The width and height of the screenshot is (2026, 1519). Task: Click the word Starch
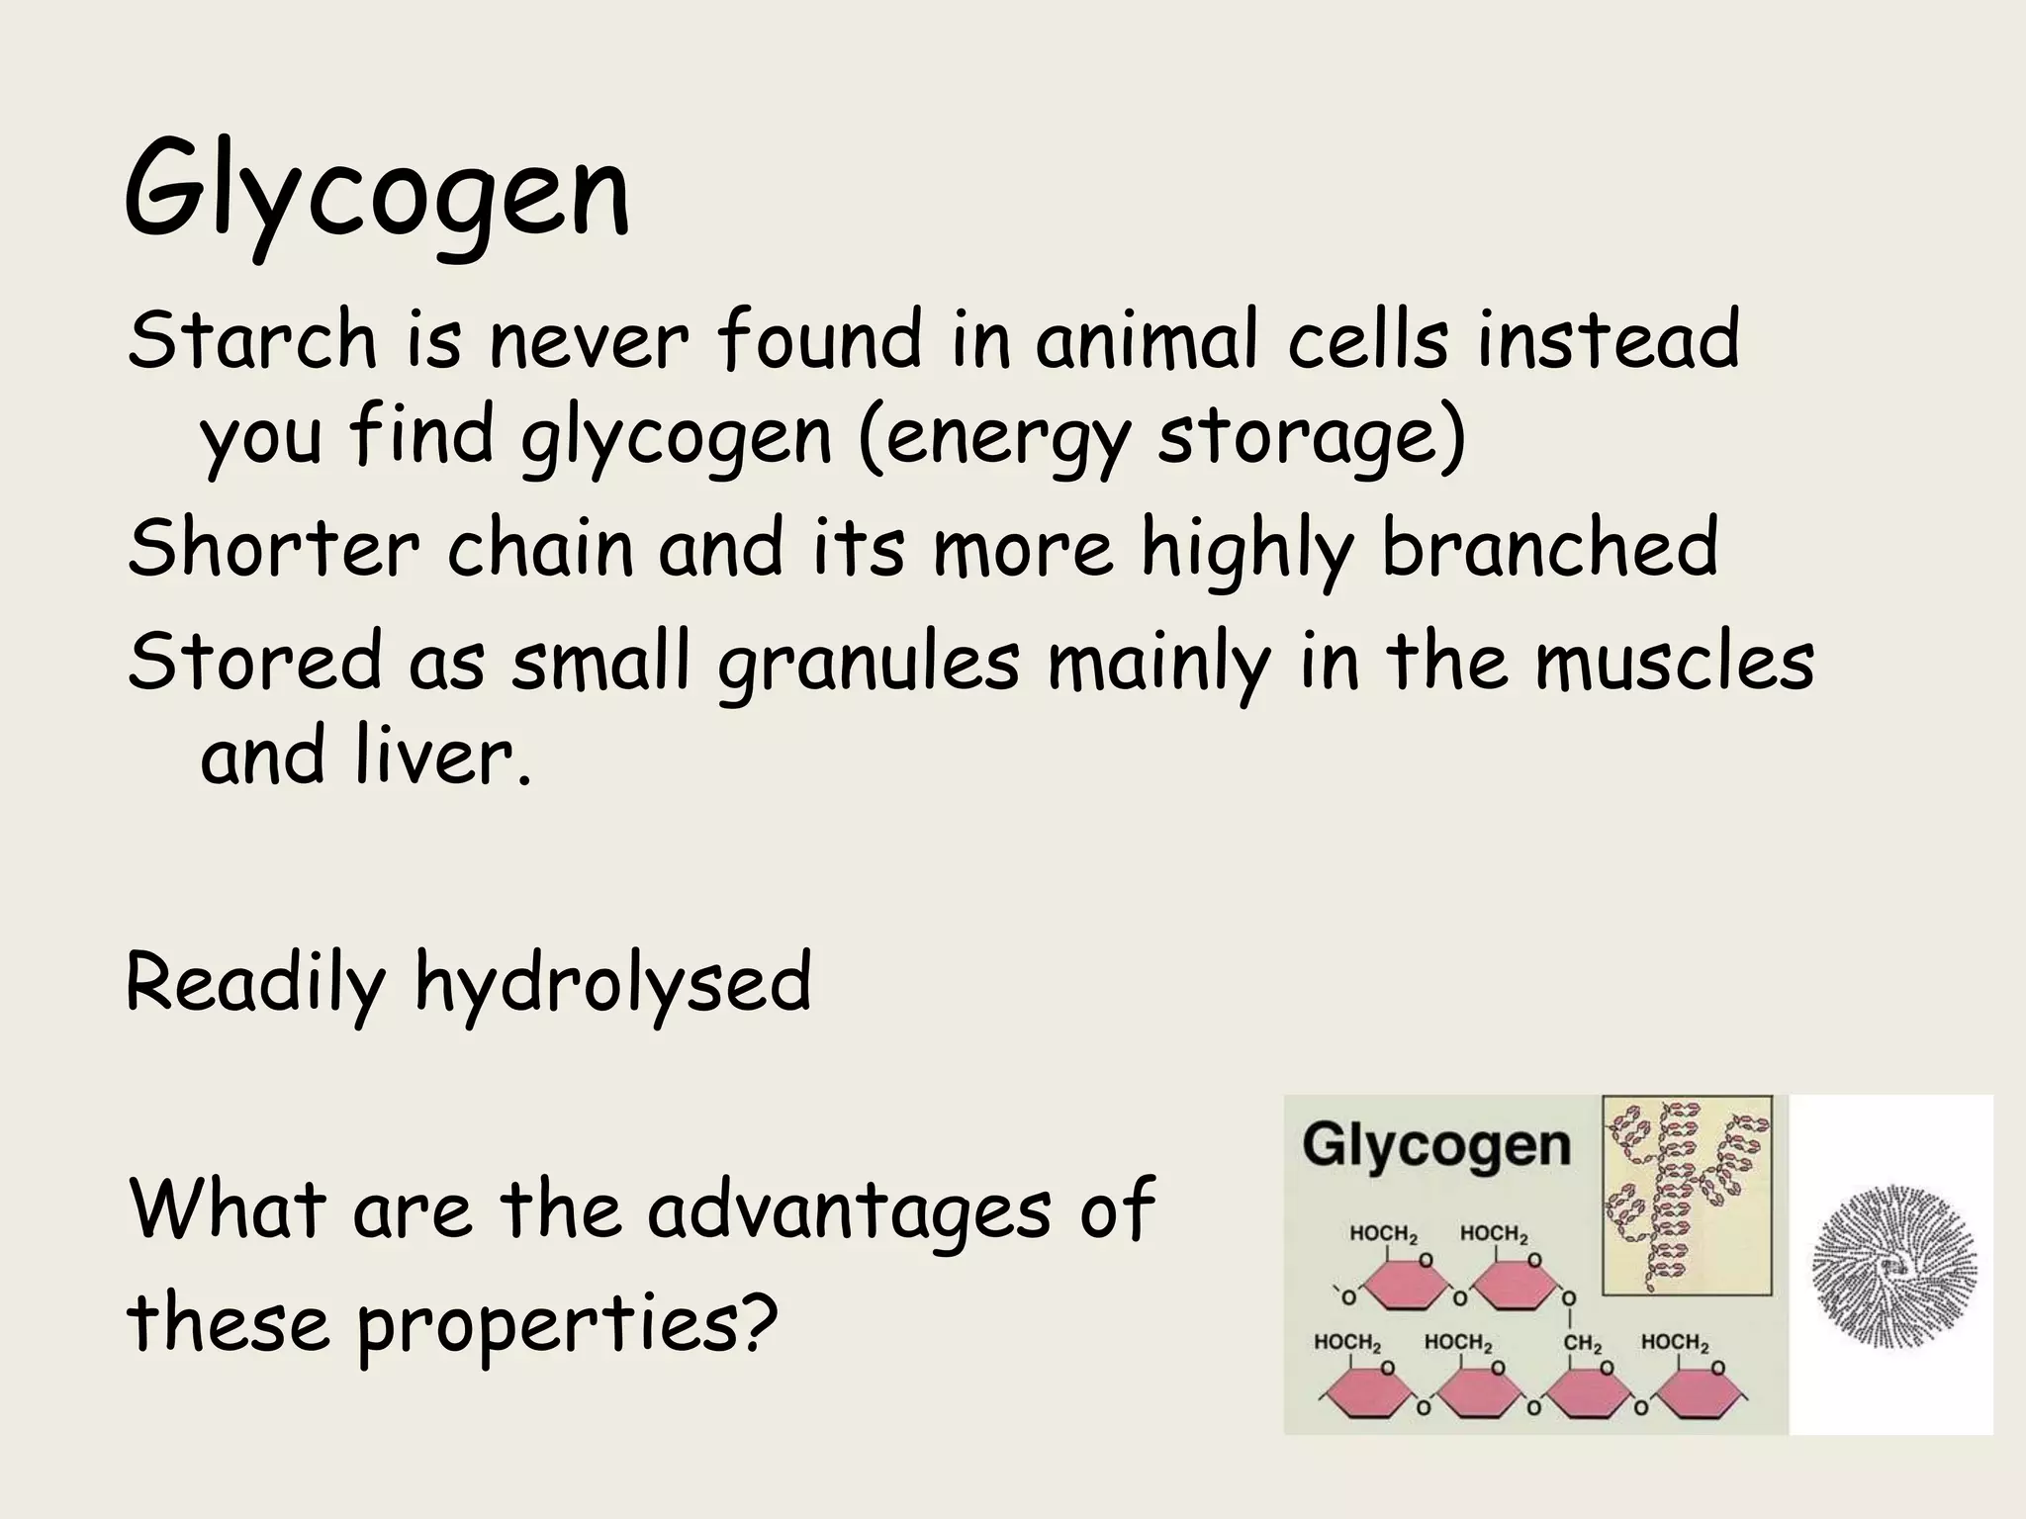point(252,340)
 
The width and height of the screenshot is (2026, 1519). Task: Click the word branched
point(1549,549)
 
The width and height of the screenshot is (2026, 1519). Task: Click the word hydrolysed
point(612,984)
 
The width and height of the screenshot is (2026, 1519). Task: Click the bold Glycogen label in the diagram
point(1435,1145)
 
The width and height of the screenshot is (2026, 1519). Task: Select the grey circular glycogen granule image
point(1893,1267)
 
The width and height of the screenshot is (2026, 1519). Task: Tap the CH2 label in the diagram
point(1582,1344)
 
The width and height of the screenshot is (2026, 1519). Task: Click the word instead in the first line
point(1607,340)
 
